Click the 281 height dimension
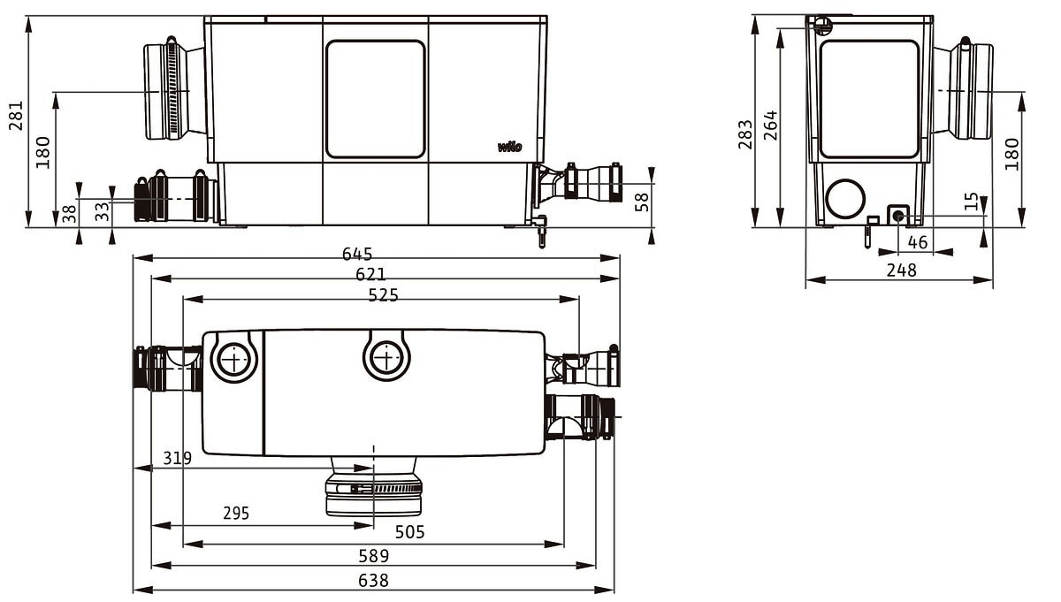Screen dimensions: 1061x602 [16, 115]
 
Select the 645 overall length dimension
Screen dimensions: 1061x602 [357, 254]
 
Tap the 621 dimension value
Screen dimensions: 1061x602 [370, 274]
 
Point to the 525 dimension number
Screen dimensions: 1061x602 [383, 295]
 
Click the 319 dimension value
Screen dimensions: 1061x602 [177, 458]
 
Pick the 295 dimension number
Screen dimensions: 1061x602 [236, 513]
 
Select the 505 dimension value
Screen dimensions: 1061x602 [409, 532]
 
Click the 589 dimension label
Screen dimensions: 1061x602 [374, 556]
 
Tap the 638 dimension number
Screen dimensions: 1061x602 [373, 581]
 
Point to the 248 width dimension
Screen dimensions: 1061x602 [901, 271]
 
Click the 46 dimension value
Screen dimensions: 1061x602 [918, 242]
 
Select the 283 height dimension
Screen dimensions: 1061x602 [745, 134]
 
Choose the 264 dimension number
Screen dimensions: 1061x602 [771, 126]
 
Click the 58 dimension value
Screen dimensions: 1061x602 [642, 202]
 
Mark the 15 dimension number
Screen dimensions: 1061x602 [971, 201]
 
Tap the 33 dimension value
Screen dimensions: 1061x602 [102, 211]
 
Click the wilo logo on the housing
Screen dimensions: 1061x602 [509, 147]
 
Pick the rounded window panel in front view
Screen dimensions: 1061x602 [376, 99]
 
